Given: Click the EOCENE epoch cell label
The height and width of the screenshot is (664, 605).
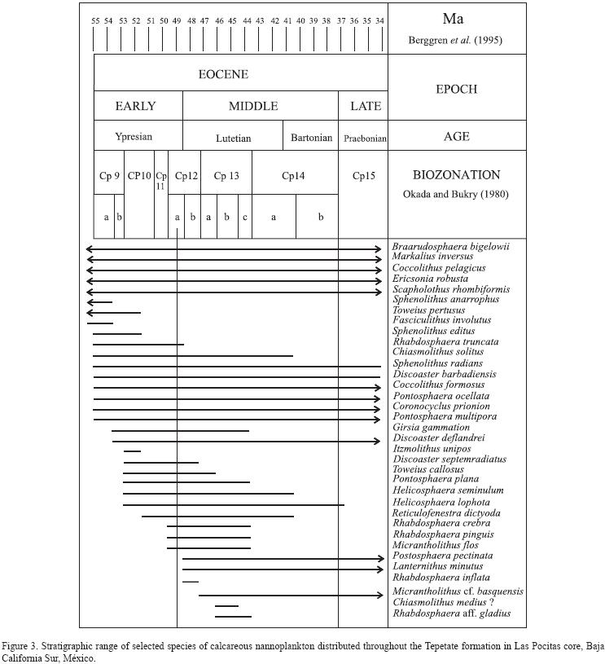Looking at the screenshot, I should (224, 74).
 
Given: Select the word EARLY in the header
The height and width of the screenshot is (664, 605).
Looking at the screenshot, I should (135, 106).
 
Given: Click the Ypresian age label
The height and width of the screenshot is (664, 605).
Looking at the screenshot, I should (134, 137).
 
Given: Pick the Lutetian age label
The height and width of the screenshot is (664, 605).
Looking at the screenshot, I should (233, 138).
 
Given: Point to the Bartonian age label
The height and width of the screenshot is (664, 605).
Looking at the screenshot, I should (311, 138).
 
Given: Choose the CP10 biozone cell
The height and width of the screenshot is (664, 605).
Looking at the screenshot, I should (139, 175).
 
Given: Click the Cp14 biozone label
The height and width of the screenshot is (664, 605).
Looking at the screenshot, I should (294, 175).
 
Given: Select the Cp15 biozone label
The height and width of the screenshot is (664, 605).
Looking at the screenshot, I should (363, 175).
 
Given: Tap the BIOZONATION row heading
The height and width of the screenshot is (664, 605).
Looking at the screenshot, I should (456, 174).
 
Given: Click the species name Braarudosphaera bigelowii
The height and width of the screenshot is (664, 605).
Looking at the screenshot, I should (450, 246).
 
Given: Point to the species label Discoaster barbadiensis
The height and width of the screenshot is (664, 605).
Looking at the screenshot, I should (445, 374).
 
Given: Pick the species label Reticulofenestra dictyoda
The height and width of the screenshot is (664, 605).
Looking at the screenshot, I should (446, 512).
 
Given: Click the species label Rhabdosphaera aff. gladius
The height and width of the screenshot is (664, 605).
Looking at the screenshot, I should (452, 613).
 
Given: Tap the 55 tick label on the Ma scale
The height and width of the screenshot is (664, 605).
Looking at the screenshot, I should (95, 20).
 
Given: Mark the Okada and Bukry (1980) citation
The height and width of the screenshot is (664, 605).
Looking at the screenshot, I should (456, 193).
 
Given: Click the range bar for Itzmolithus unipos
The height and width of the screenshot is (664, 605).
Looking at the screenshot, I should (132, 451).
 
